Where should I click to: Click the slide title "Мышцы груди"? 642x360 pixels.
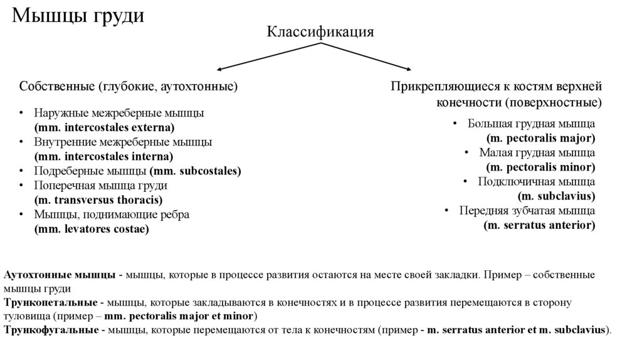(x=79, y=16)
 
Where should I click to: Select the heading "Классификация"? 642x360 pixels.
(x=321, y=33)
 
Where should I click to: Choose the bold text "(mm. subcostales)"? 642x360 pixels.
(x=196, y=171)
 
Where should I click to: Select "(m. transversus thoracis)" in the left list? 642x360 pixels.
(x=98, y=200)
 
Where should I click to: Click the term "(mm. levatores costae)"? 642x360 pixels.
(x=92, y=229)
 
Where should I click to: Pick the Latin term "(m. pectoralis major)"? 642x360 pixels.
(x=540, y=137)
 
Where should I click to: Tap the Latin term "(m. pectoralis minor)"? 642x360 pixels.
(x=540, y=167)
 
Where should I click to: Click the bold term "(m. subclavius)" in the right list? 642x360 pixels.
(x=557, y=196)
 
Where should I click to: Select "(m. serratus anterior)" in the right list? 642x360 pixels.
(x=539, y=225)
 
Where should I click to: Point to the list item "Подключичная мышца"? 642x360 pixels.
(x=537, y=181)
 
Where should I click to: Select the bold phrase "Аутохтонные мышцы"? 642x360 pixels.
(x=59, y=275)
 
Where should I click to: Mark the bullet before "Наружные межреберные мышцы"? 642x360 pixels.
(x=21, y=114)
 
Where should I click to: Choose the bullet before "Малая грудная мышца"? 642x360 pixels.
(x=466, y=152)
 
